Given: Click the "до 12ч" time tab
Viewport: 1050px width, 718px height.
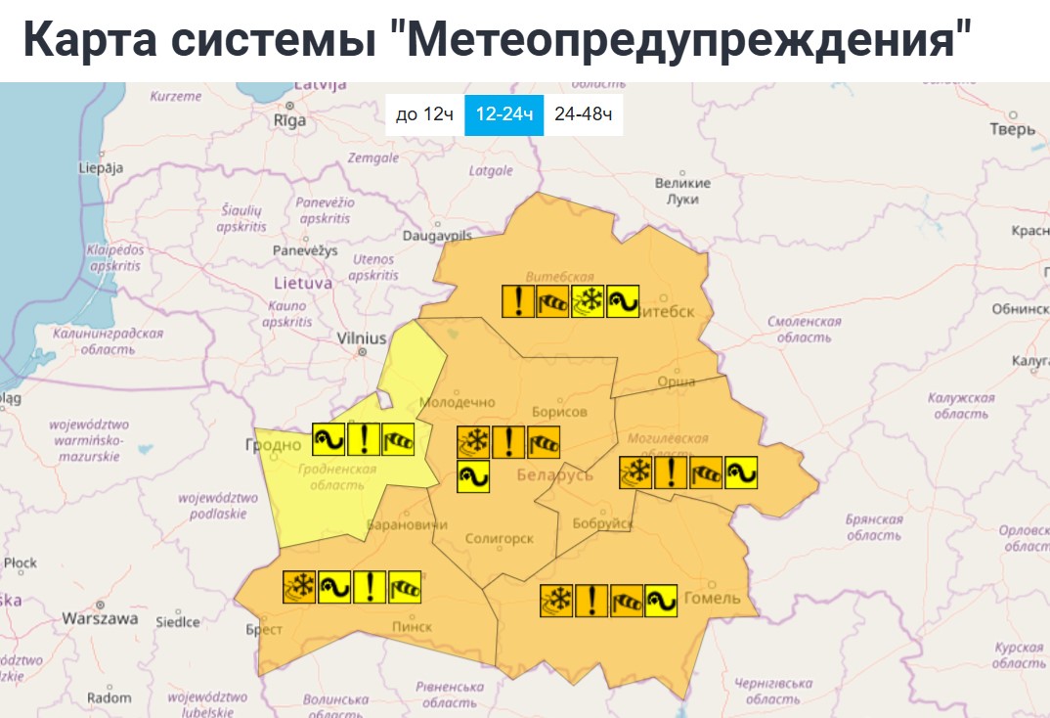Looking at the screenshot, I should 424,115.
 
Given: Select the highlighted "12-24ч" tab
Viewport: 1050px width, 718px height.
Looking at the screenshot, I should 503,115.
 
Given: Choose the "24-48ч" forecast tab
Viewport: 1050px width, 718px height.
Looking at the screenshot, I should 583,115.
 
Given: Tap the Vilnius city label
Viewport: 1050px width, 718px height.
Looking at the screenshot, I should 362,337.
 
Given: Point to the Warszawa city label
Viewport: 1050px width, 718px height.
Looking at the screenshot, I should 100,619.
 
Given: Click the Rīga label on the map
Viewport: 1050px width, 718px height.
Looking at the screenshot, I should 289,120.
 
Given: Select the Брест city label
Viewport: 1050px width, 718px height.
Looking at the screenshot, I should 264,631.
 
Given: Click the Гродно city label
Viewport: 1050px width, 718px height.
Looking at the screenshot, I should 273,445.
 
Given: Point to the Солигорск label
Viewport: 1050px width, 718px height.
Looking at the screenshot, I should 500,539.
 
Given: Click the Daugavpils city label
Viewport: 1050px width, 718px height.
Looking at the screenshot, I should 437,236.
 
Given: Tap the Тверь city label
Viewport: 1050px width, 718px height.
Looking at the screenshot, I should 1012,129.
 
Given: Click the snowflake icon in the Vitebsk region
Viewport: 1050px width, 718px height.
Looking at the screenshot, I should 589,301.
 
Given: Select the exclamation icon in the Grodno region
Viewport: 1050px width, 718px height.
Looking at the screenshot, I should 364,440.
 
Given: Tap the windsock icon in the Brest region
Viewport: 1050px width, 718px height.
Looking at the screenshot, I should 405,587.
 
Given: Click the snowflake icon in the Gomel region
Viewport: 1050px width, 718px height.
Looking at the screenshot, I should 556,600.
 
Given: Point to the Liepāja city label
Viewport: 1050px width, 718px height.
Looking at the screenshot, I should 101,167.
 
